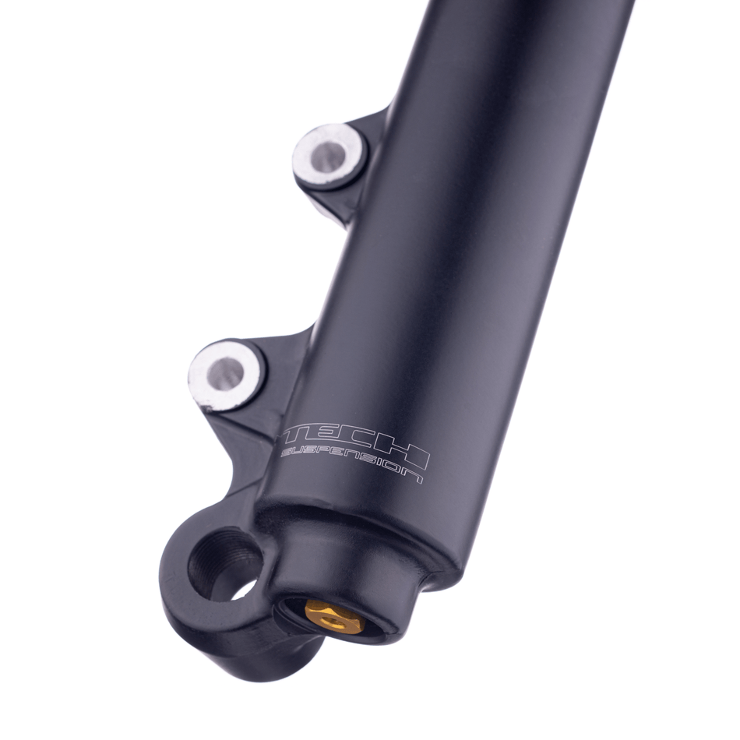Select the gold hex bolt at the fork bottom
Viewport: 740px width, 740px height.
333,615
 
